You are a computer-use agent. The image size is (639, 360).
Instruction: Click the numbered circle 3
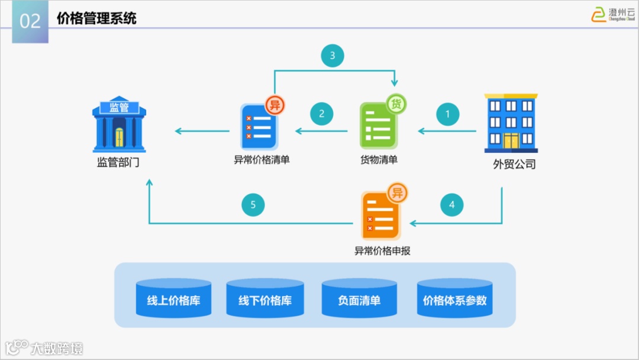click(333, 56)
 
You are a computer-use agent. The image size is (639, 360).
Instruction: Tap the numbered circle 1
click(448, 114)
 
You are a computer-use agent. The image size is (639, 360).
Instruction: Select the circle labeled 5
click(253, 205)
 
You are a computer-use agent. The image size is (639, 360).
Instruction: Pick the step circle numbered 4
click(452, 205)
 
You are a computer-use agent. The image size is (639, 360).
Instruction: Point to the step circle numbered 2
click(322, 114)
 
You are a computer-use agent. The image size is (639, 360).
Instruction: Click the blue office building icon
click(511, 123)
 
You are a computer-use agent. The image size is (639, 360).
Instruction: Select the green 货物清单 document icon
click(379, 124)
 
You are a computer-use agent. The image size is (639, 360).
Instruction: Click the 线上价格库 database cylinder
click(173, 299)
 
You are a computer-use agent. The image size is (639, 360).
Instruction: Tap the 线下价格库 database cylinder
click(265, 299)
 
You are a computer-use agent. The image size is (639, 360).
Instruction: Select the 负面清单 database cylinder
click(359, 299)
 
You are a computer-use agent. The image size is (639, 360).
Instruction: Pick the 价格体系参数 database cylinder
click(454, 299)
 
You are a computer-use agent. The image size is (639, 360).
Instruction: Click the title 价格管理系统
click(96, 18)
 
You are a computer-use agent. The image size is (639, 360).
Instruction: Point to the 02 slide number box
click(30, 21)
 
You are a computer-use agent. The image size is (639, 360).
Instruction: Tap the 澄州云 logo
click(613, 14)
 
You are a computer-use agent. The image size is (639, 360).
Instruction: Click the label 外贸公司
click(514, 165)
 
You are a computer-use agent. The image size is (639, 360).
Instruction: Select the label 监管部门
click(118, 162)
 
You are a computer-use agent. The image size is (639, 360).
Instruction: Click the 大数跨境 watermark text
click(57, 348)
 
